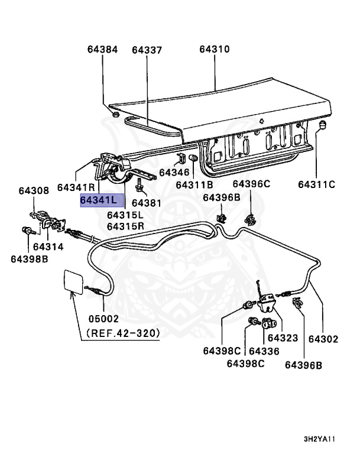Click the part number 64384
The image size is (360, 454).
(x=103, y=50)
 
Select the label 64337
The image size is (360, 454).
(x=147, y=50)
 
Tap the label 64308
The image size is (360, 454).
(x=34, y=190)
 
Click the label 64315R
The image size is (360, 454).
(x=125, y=226)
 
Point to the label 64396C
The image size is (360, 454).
(x=251, y=184)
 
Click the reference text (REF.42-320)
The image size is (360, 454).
(x=123, y=333)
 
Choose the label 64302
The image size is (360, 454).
(x=323, y=339)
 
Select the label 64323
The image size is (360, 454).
(x=282, y=338)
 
